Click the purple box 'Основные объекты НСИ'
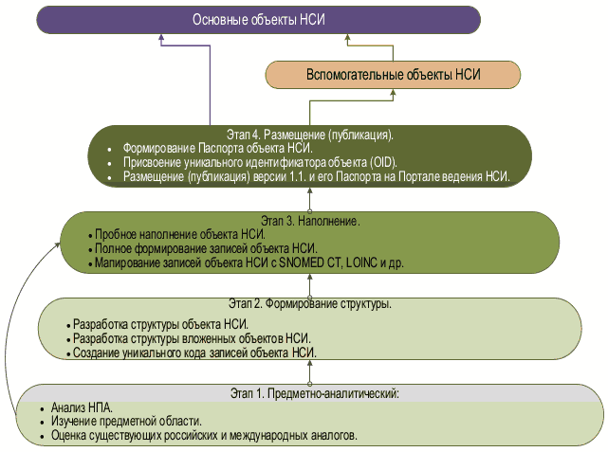259,20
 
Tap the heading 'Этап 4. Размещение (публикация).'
311,134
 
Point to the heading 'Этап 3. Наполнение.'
311,220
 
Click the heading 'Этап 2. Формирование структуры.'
311,304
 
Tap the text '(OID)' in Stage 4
382,162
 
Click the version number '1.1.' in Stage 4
318,176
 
